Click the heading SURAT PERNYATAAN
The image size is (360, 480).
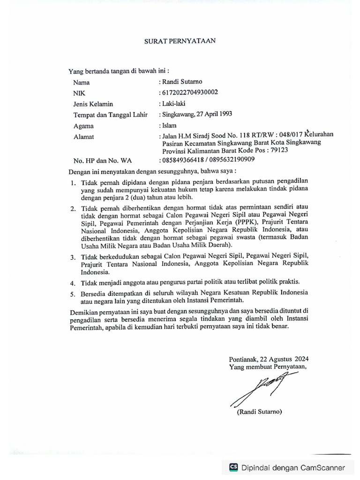point(180,41)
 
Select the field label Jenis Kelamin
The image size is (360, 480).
point(93,104)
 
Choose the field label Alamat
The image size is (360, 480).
point(83,137)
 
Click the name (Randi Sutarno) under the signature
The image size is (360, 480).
point(259,412)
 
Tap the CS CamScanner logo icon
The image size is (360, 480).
point(233,467)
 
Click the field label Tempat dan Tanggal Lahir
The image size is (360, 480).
point(110,115)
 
